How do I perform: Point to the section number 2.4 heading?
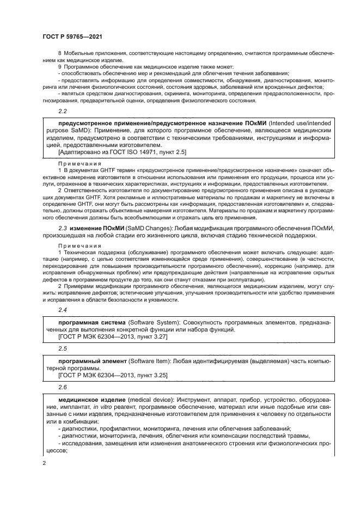pyautogui.click(x=62, y=309)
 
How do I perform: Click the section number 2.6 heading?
pyautogui.click(x=62, y=387)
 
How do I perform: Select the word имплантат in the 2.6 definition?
pyautogui.click(x=64, y=407)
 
